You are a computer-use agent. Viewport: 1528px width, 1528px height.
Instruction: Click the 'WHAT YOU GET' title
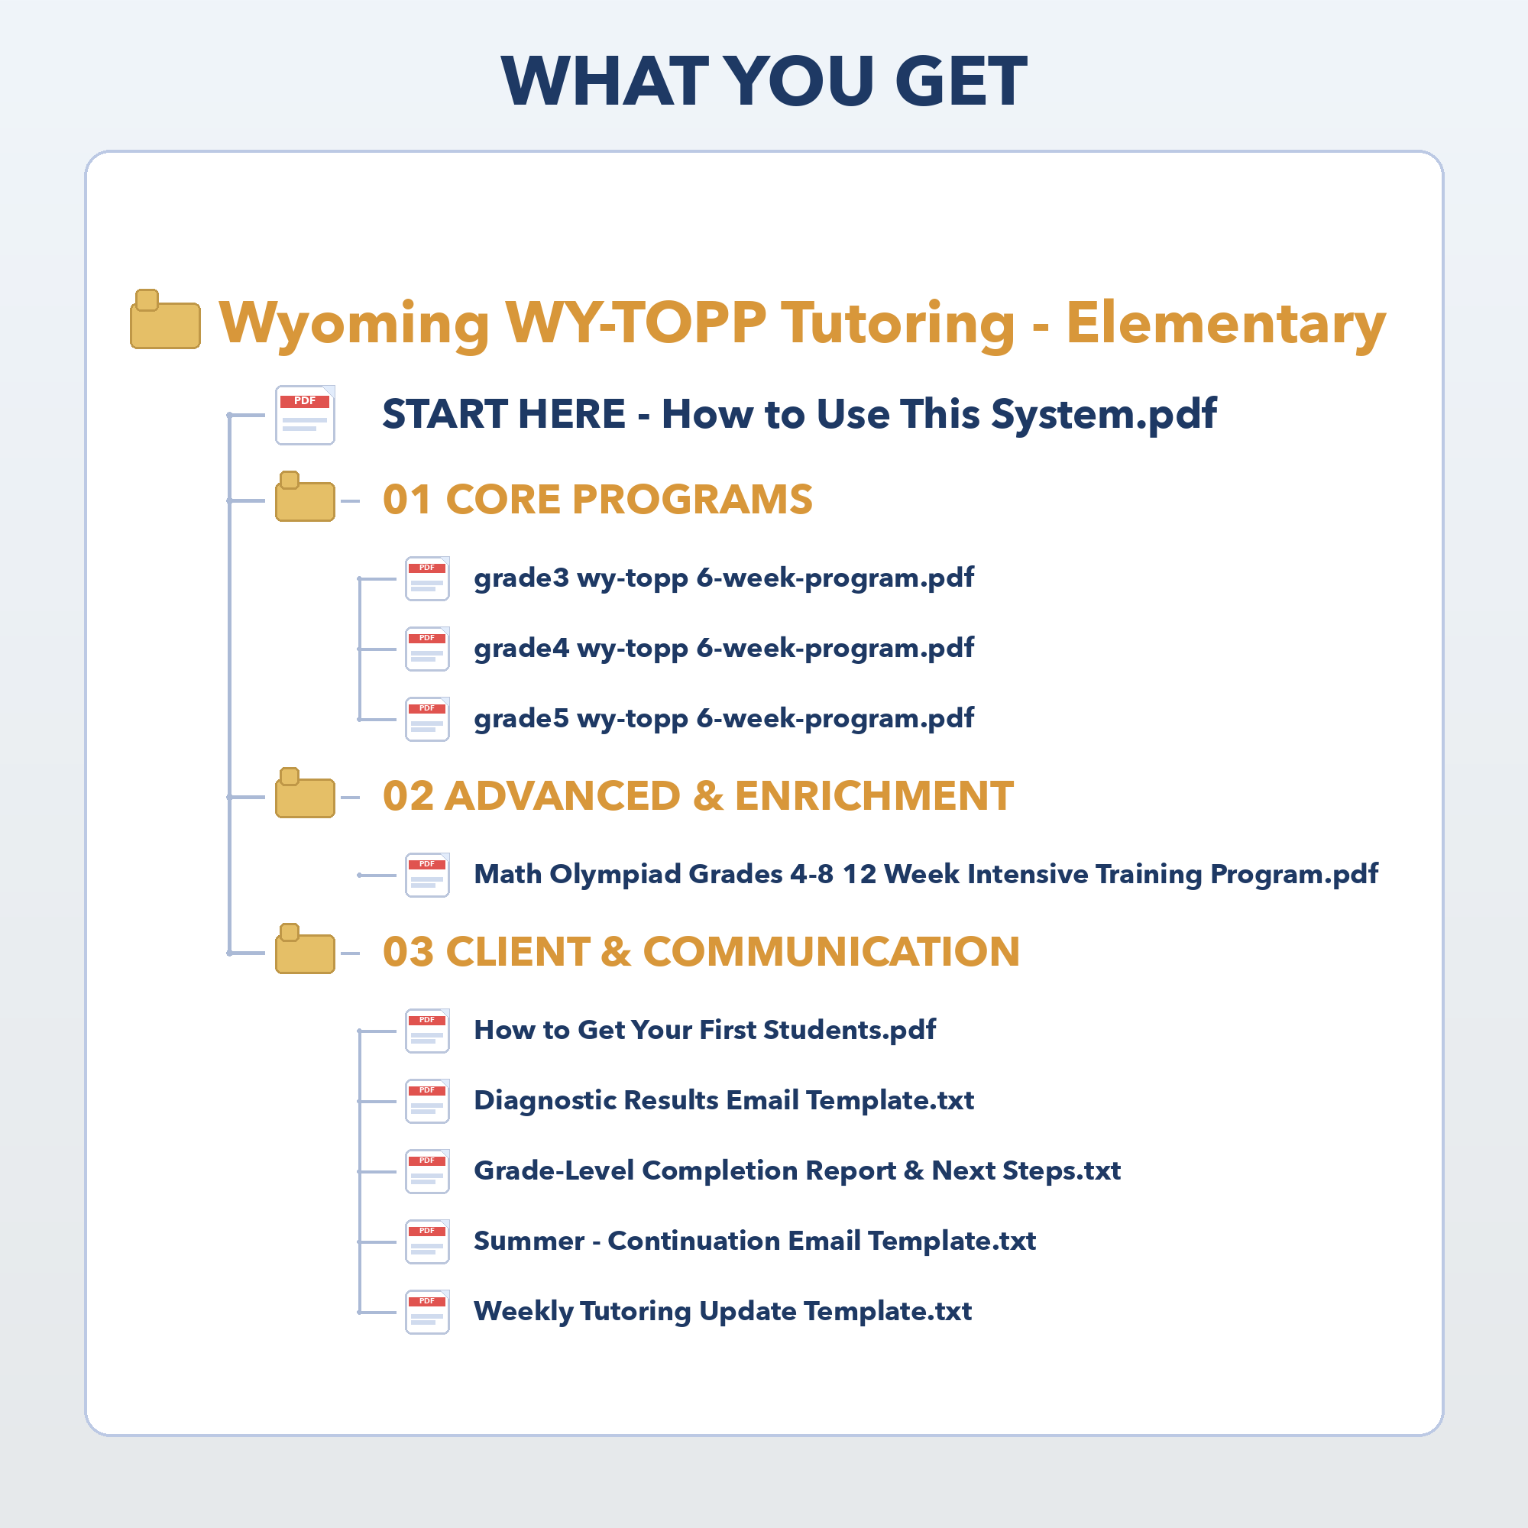pos(764,81)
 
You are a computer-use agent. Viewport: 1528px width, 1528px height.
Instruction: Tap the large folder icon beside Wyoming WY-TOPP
pos(165,319)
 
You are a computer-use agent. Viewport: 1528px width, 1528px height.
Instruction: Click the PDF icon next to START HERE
pos(305,414)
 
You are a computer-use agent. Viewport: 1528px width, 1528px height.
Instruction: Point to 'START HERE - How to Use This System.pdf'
pos(799,414)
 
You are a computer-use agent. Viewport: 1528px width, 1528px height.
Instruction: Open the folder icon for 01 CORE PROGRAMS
pos(305,497)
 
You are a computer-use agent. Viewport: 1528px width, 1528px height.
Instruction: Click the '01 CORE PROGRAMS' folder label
pos(597,499)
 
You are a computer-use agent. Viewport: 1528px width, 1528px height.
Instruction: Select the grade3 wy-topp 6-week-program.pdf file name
pos(724,578)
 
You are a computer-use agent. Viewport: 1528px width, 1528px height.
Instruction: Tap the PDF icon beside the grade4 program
pos(427,649)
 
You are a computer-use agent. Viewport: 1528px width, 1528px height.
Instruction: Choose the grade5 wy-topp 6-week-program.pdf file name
pos(724,719)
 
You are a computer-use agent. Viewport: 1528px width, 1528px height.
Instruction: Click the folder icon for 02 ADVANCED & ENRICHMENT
pos(305,792)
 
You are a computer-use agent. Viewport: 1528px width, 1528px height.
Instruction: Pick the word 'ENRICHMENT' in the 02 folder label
pos(874,795)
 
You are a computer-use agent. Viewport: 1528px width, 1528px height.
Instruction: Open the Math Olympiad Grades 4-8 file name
pos(925,875)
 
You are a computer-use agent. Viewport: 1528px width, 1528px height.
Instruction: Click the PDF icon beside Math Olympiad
pos(427,875)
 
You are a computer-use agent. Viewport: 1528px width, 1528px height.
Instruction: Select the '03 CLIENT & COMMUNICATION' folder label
pos(701,951)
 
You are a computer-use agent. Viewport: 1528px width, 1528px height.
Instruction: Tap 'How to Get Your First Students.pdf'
pos(704,1031)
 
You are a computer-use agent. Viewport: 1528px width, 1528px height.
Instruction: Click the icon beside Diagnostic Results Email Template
pos(427,1101)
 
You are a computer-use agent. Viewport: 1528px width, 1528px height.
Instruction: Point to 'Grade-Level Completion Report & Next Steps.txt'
pos(797,1171)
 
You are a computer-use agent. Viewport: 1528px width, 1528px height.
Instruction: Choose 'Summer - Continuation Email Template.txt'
pos(755,1241)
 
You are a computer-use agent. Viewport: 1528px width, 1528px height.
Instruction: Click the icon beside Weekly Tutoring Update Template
pos(427,1312)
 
